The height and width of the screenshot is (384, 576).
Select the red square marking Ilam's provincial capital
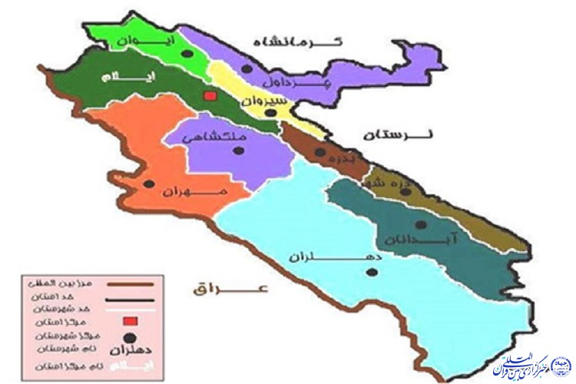click(x=208, y=96)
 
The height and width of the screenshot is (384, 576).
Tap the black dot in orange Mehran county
click(x=150, y=184)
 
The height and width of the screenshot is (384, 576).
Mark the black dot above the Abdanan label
click(x=419, y=224)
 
